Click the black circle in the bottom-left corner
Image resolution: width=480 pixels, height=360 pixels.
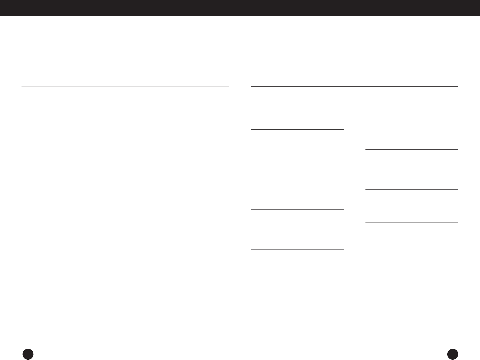pyautogui.click(x=28, y=354)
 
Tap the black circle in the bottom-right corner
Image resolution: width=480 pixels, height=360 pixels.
pyautogui.click(x=453, y=354)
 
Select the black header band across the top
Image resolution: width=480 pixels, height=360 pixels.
pyautogui.click(x=240, y=8)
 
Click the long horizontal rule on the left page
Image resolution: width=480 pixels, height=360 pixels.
pyautogui.click(x=125, y=87)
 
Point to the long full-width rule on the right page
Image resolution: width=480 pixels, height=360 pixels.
pyautogui.click(x=355, y=86)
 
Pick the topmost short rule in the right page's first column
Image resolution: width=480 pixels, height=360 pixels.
pyautogui.click(x=297, y=129)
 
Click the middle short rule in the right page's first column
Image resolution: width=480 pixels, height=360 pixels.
pyautogui.click(x=297, y=209)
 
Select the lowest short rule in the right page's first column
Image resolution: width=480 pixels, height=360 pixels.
pyautogui.click(x=297, y=249)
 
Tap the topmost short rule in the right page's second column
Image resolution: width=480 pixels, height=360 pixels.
pyautogui.click(x=412, y=149)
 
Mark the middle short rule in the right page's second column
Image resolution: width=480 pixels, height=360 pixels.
pyautogui.click(x=412, y=189)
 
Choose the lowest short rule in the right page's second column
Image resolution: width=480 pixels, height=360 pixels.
pyautogui.click(x=412, y=223)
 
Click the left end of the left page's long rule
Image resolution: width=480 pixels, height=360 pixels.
pyautogui.click(x=22, y=87)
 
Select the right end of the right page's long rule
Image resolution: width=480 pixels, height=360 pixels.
pyautogui.click(x=457, y=86)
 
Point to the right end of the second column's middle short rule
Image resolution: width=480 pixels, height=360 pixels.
pyautogui.click(x=457, y=189)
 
